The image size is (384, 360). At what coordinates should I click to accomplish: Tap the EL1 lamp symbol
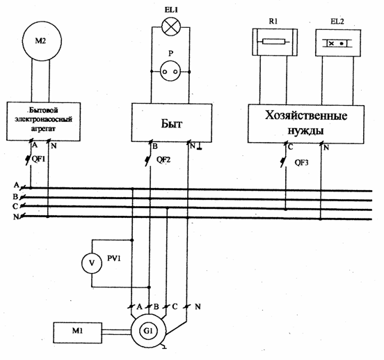click(x=171, y=26)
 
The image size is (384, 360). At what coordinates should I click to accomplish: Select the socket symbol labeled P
click(x=170, y=72)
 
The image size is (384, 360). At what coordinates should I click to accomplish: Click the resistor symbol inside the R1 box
click(x=274, y=42)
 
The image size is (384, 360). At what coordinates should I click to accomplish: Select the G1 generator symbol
click(x=148, y=331)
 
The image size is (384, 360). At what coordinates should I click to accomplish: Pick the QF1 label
click(x=39, y=159)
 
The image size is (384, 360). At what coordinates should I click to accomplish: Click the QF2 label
click(x=163, y=159)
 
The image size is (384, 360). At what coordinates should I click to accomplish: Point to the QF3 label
click(x=301, y=162)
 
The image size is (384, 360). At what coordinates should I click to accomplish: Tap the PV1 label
click(x=114, y=258)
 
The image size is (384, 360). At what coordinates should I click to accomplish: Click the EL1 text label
click(x=171, y=10)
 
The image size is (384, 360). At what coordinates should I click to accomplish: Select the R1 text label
click(x=273, y=22)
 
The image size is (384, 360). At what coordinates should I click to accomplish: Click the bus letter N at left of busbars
click(x=16, y=217)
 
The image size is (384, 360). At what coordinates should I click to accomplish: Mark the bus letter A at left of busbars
click(x=17, y=185)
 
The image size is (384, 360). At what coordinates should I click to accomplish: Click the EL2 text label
click(x=337, y=22)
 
